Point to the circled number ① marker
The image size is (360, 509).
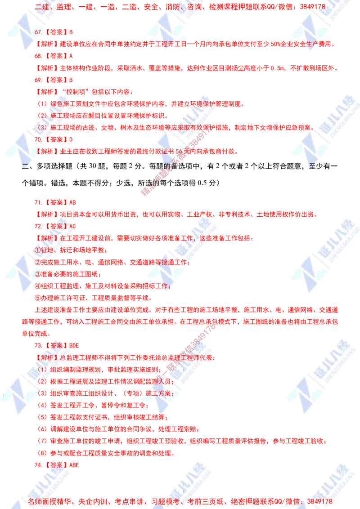(x=37, y=250)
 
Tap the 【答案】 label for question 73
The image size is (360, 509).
(x=58, y=346)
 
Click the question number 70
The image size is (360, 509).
(x=38, y=140)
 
